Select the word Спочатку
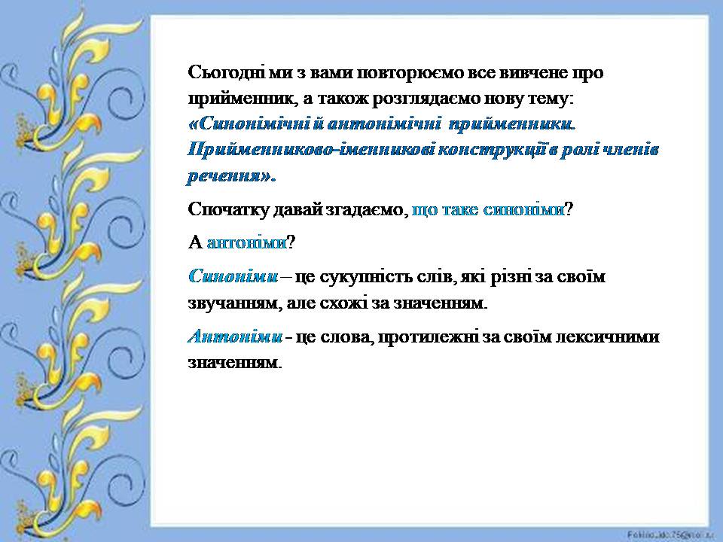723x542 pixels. [229, 210]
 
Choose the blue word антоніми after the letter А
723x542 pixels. [247, 242]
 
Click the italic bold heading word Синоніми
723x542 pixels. [233, 276]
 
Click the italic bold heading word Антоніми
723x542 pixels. [235, 336]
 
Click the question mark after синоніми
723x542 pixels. [569, 210]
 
